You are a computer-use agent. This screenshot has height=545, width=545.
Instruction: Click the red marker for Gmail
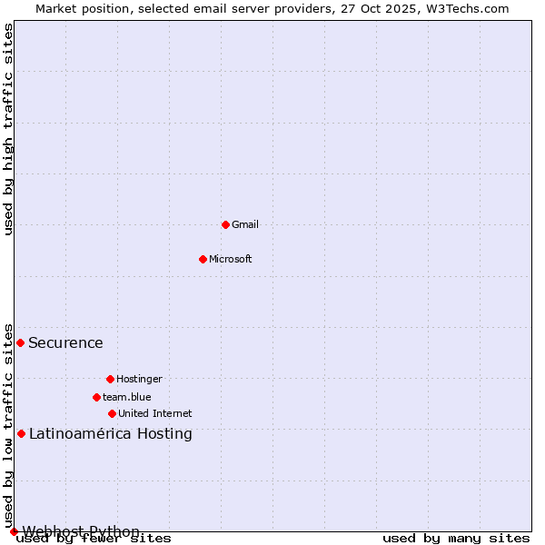click(x=225, y=224)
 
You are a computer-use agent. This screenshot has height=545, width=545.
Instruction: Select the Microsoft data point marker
click(x=203, y=259)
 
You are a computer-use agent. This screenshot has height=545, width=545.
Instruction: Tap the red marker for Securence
click(x=20, y=342)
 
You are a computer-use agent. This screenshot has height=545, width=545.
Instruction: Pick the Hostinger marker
click(x=110, y=379)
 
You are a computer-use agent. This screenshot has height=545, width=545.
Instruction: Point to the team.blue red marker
click(x=96, y=397)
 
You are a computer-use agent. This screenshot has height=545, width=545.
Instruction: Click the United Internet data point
click(x=112, y=413)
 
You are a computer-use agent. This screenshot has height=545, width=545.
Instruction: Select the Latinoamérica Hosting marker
click(x=21, y=433)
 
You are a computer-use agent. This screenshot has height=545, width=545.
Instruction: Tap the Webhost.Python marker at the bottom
click(x=14, y=531)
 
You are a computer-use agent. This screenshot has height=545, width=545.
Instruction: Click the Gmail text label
click(x=245, y=224)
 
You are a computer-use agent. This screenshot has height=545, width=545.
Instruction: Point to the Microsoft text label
click(x=231, y=259)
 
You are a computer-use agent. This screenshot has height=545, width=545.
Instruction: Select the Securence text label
click(x=65, y=342)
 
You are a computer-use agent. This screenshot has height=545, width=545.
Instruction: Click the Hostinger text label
click(x=139, y=379)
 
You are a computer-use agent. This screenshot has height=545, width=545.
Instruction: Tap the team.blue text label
click(x=127, y=397)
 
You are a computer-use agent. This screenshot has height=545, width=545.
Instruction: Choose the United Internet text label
click(x=155, y=413)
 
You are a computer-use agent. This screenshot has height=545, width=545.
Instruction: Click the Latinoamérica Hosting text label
click(x=111, y=433)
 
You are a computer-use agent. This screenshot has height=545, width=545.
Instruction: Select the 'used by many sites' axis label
click(x=456, y=538)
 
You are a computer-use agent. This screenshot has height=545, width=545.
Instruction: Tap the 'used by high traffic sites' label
click(x=8, y=129)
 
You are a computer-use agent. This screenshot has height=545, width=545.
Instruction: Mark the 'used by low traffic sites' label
click(x=8, y=425)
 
